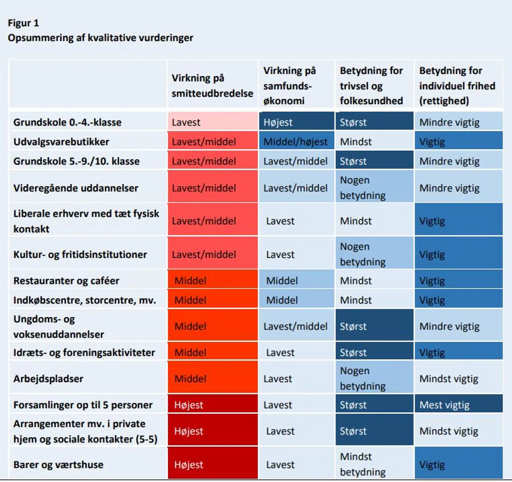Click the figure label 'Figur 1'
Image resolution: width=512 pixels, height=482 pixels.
click(23, 23)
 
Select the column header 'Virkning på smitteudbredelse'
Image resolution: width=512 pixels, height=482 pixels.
click(212, 86)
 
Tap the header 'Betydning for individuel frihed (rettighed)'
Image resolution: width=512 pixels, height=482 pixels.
click(457, 86)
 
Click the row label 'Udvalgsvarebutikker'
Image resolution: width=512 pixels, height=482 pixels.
click(61, 142)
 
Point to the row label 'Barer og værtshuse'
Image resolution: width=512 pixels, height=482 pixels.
click(58, 465)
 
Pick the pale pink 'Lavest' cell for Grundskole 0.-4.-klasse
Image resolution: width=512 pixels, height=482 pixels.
click(212, 122)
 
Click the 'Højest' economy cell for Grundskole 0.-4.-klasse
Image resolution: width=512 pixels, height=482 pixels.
click(296, 122)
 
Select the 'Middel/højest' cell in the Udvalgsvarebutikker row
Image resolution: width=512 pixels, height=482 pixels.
click(296, 142)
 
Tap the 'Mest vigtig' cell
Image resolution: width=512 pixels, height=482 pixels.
click(458, 405)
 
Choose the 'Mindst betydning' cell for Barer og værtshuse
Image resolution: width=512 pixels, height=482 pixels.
click(374, 464)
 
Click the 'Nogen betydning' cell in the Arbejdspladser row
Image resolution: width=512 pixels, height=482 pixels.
click(374, 378)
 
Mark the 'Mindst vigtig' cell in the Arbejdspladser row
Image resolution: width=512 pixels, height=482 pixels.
click(458, 379)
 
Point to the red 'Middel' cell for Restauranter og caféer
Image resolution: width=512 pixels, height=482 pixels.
click(212, 281)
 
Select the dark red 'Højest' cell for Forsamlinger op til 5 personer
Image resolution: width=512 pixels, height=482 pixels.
click(212, 405)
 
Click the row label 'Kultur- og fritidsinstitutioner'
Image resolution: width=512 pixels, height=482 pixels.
click(80, 254)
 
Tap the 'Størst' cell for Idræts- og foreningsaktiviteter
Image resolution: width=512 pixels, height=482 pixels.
click(374, 353)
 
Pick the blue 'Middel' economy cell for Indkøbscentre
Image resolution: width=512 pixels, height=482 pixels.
click(296, 300)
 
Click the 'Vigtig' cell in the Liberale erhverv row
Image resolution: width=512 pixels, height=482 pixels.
click(458, 221)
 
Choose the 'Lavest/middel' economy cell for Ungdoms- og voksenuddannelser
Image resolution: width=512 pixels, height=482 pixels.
click(296, 326)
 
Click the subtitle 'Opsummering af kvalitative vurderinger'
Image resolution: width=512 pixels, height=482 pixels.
click(100, 38)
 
